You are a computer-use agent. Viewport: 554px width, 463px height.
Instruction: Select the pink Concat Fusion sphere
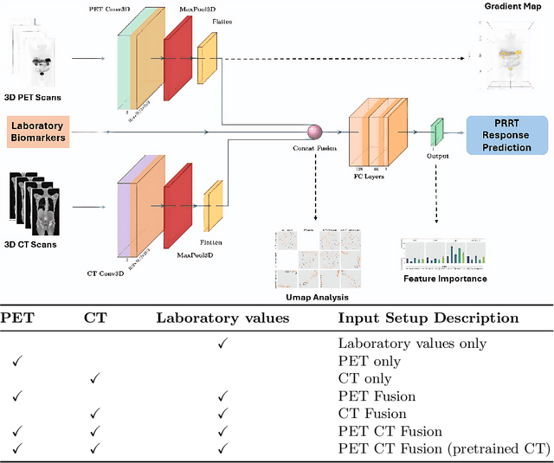(315, 132)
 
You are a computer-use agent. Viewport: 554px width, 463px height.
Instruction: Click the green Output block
(437, 131)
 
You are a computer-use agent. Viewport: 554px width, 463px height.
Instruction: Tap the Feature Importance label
(446, 279)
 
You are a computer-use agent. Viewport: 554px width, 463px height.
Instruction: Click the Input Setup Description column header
(428, 318)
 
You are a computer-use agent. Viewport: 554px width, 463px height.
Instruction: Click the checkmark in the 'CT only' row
(95, 378)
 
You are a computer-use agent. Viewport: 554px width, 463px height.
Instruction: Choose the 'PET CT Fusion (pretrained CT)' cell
(443, 447)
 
